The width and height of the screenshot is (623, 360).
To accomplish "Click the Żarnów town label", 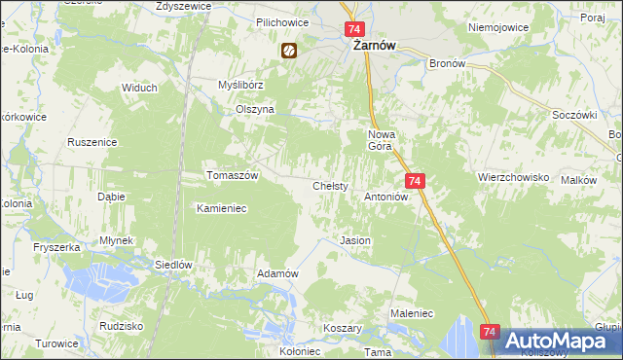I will pos(371,46).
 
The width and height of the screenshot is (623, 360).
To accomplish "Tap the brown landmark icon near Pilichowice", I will pos(288,52).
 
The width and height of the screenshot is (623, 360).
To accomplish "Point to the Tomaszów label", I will pos(232,175).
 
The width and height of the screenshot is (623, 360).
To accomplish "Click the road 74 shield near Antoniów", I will pos(416,181).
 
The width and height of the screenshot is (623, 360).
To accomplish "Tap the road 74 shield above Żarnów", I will pos(353,30).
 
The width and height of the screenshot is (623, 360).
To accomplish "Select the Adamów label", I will pos(276,273).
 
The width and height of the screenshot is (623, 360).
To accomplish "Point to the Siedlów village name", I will pos(175,264).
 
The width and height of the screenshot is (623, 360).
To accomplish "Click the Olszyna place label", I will pos(255,110).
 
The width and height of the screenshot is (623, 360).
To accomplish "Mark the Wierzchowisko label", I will pos(513,178).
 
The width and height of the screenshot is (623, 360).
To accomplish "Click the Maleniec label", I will pos(411,313).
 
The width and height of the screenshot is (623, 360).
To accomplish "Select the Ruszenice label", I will pos(92,142).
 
